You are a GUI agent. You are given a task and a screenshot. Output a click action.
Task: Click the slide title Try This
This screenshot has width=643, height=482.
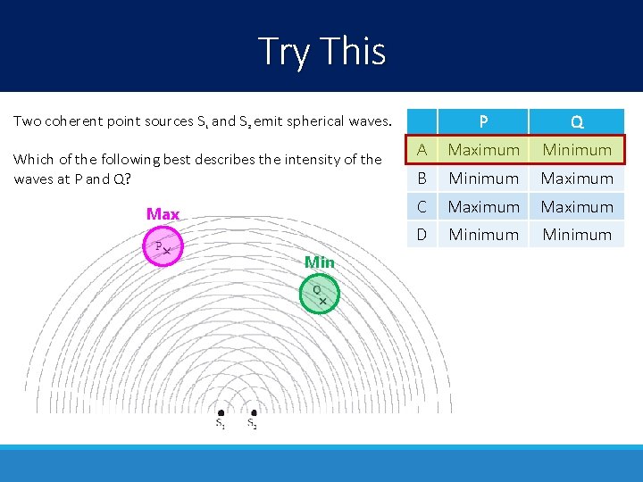tap(321, 51)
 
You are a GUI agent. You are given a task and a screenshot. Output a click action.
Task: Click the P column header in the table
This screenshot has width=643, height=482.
tap(483, 121)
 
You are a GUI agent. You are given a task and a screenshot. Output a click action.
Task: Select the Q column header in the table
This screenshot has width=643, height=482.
tap(577, 121)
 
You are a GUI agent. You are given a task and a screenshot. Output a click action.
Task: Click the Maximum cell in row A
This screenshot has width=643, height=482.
tap(483, 150)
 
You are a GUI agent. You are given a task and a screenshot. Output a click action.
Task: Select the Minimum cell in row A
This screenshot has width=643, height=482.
tap(577, 150)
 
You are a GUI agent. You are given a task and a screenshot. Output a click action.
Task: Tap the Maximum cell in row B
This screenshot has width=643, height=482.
tap(577, 179)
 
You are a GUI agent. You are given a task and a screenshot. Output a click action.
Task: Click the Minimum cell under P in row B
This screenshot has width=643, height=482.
tap(483, 179)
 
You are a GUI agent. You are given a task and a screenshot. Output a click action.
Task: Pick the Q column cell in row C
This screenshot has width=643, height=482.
tap(577, 206)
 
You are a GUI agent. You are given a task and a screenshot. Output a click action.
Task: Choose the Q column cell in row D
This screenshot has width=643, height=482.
tap(577, 235)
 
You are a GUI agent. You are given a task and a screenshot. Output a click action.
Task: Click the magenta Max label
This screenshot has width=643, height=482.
tap(163, 214)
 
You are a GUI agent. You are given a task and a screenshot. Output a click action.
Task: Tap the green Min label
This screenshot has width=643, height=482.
tap(319, 262)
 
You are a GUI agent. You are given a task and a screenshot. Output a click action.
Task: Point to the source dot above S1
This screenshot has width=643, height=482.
tap(221, 412)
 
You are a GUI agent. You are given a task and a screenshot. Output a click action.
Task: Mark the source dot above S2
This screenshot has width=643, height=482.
tap(254, 412)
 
